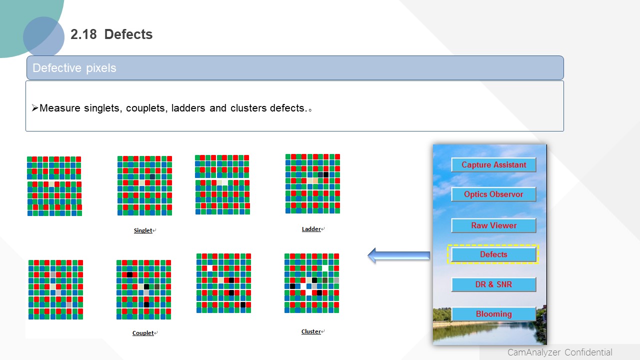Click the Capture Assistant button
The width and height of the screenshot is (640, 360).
click(x=493, y=165)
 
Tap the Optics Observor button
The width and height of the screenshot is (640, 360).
click(x=493, y=194)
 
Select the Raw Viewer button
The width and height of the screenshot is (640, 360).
click(x=493, y=225)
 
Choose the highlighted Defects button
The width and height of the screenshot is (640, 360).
click(x=493, y=254)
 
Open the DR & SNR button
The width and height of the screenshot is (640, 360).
click(x=493, y=284)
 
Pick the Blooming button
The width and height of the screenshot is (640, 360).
click(x=493, y=313)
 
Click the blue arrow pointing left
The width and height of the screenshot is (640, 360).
click(x=399, y=255)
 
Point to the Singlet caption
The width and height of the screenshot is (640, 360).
click(x=143, y=230)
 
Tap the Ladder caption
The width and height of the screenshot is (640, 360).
click(x=311, y=229)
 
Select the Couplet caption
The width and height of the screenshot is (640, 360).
click(x=143, y=333)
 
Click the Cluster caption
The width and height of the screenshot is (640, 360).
click(x=311, y=331)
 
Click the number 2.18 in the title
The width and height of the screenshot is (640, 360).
click(x=83, y=34)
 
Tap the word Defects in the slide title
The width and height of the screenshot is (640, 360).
click(x=128, y=34)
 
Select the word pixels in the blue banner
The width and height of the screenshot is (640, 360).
click(x=101, y=68)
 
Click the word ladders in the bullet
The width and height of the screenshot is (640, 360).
click(x=188, y=108)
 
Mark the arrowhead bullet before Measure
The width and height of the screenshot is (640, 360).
click(x=35, y=108)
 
